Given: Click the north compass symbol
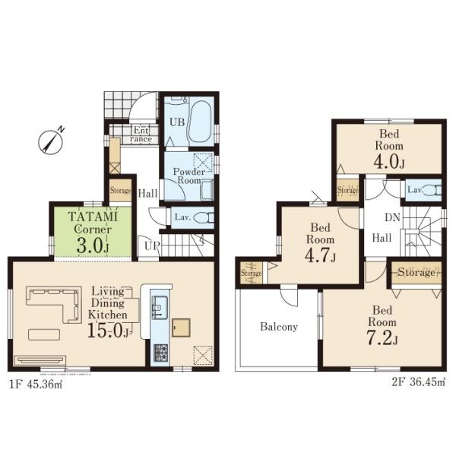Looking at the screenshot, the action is pos(51,141).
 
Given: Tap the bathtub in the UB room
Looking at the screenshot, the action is pos(201,122).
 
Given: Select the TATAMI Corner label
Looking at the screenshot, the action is pos(93,223).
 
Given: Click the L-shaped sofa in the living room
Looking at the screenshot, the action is pos(53,304).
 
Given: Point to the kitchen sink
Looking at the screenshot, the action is pos(160,308).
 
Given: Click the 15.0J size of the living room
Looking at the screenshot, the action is pos(108,331).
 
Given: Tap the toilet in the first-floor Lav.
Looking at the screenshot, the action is pos(204,217).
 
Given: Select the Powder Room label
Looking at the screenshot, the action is pos(189,176).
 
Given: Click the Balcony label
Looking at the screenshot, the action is pos(279,327).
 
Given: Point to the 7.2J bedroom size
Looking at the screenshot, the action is pos(382,337).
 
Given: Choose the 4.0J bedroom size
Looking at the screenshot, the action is pos(389,162).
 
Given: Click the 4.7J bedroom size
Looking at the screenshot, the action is pos(320,255).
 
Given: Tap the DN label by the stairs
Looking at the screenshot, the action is pos(393,217).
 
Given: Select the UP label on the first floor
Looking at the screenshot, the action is pos(153,246).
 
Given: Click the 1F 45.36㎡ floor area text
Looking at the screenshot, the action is pos(36,385).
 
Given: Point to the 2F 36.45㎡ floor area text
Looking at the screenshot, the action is pos(419,382).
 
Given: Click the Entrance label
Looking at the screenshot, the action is pos(141,135).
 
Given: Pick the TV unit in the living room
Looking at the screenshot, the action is pos(40,360).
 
